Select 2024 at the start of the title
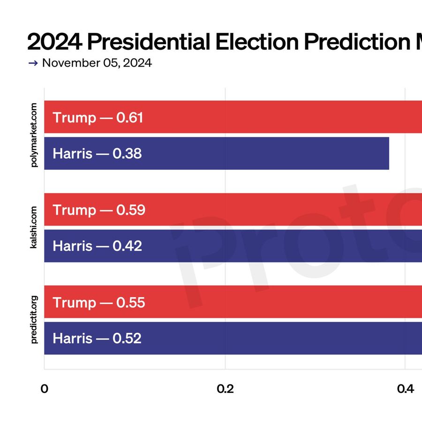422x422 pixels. pos(53,42)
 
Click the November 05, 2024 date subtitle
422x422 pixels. pos(97,63)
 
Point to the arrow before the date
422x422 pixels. pos(33,63)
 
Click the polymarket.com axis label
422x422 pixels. pos(34,136)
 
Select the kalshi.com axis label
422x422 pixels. pos(34,227)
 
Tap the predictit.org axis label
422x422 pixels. pos(34,320)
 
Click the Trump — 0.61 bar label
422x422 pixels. pos(98,117)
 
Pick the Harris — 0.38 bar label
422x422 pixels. pos(97,153)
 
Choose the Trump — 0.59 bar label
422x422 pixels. pos(98,210)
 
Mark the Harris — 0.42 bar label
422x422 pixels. pos(97,246)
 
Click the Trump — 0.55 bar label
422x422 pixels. pos(98,302)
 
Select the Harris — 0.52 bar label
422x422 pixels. pos(97,338)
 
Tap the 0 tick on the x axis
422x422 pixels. pos(45,389)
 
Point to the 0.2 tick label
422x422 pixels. pos(225,389)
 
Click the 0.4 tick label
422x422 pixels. pos(405,389)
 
